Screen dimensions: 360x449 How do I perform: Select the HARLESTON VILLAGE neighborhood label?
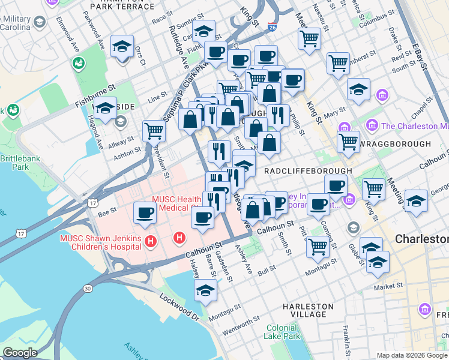[308, 310]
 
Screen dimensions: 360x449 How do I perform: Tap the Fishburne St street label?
[95, 96]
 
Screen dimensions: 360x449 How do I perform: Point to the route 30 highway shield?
[88, 289]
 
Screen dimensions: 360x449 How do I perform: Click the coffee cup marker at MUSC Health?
[145, 212]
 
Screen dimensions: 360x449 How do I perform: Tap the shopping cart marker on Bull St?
[318, 245]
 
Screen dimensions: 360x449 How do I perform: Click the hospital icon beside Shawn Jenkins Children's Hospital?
[151, 241]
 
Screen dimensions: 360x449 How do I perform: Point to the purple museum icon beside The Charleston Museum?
[372, 125]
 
